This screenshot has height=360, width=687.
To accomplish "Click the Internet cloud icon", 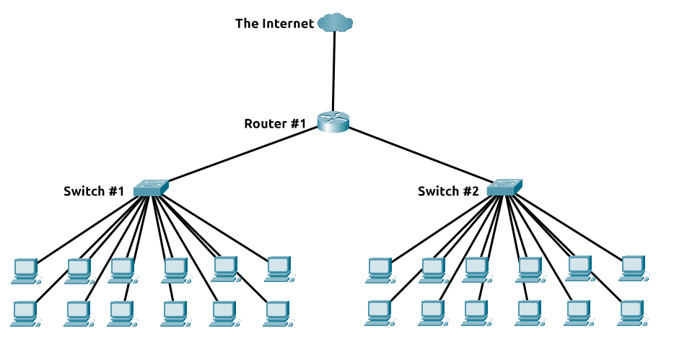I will tap(335, 23).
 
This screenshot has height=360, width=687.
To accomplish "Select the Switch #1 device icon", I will tap(152, 187).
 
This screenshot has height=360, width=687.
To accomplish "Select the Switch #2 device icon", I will tap(505, 187).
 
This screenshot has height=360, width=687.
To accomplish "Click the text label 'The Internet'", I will tap(274, 24).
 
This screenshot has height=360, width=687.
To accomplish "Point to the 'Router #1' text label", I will tap(275, 123).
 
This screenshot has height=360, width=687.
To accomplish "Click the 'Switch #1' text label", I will tap(94, 191).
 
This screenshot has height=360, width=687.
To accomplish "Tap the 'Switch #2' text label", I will tap(448, 191).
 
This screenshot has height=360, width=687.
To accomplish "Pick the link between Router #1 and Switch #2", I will tap(419, 154).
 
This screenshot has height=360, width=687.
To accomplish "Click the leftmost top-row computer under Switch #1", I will tap(25, 269).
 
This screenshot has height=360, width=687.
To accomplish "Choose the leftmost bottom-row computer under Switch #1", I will tap(25, 312).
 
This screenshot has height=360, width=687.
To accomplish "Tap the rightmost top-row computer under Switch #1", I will tap(278, 268).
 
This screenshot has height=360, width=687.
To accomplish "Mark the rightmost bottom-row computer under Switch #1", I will tap(276, 312).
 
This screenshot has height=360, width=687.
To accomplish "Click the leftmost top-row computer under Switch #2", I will tap(380, 269).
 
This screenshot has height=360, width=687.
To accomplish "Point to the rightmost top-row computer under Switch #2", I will tap(633, 267).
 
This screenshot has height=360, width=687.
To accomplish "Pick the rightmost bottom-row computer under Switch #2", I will tap(631, 312).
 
